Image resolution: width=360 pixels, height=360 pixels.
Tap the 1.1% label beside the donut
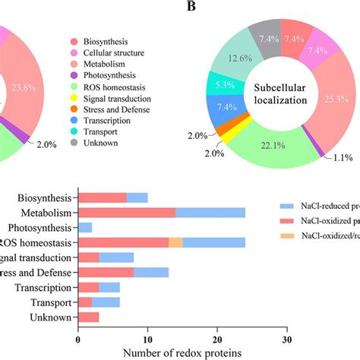[x=335, y=158]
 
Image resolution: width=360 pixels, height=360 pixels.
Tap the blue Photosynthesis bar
[x=85, y=227]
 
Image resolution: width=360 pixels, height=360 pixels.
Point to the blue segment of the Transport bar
[x=106, y=302]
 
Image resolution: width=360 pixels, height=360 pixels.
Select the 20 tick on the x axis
[x=217, y=337]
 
